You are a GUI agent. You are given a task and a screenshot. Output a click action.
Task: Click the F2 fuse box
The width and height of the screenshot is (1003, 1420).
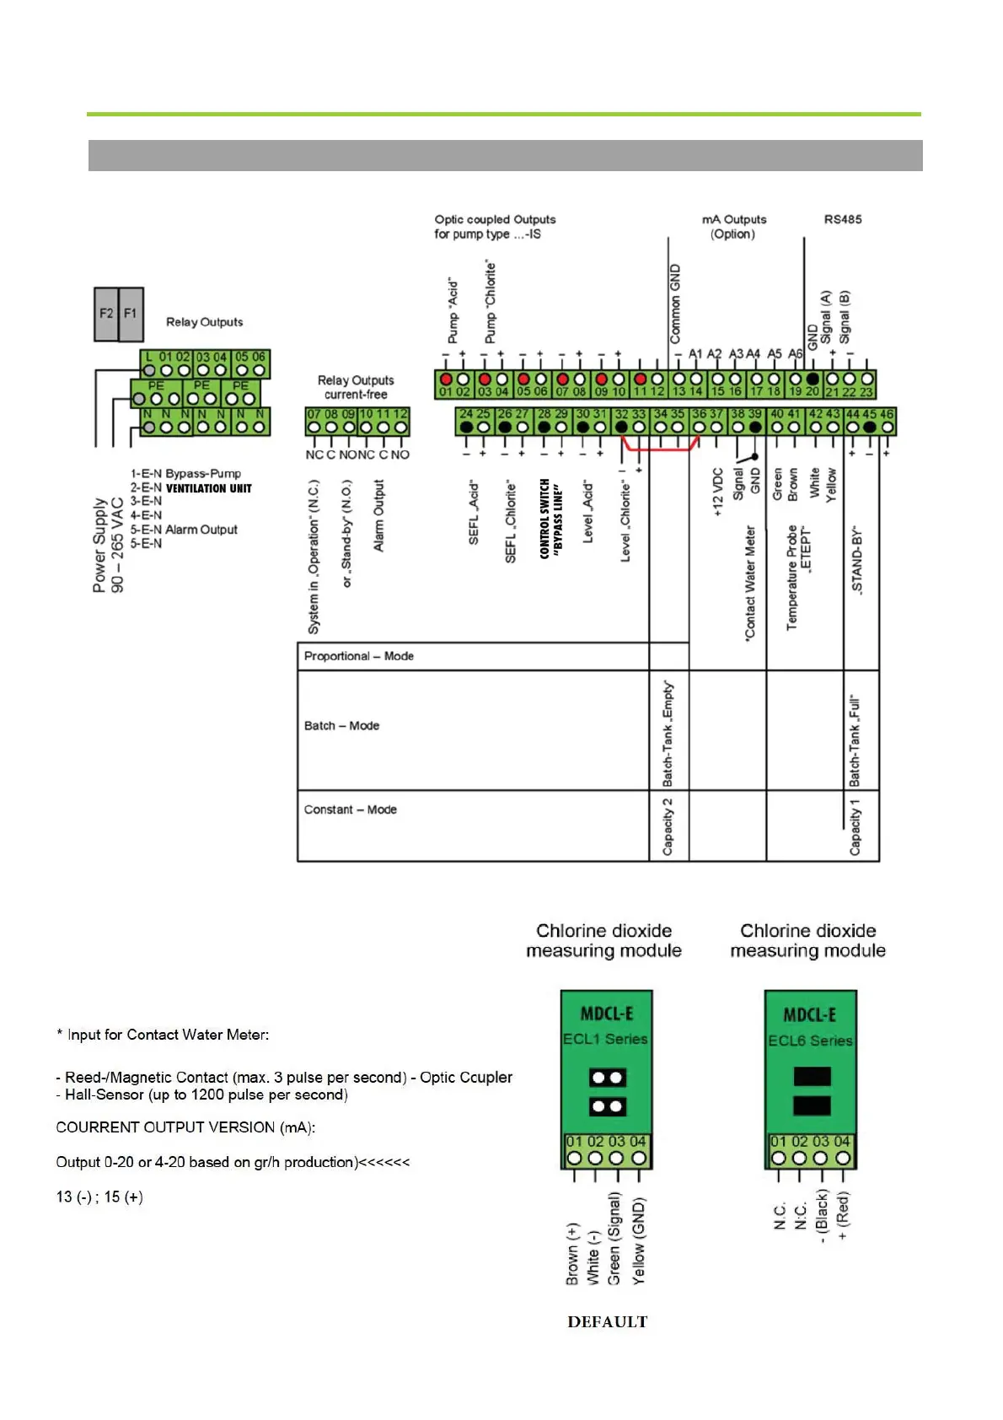106,314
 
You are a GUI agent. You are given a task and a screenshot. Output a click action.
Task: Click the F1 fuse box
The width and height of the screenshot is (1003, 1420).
131,314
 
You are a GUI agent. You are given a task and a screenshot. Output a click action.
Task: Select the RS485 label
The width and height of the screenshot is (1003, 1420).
842,219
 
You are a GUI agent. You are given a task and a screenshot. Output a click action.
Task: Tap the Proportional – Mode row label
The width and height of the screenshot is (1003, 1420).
358,656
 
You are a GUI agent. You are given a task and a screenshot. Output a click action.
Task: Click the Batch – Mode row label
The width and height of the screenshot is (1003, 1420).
341,725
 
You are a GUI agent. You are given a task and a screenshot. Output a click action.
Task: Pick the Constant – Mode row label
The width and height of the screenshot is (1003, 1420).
350,810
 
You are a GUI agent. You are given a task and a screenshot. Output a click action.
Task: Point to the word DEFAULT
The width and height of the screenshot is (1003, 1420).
607,1321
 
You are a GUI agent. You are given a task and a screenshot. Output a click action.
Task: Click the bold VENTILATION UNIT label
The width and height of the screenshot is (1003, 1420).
208,488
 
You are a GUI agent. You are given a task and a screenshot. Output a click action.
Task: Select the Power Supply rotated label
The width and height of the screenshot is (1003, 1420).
99,545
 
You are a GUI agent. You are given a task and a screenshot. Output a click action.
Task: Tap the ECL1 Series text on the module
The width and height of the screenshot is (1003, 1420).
605,1039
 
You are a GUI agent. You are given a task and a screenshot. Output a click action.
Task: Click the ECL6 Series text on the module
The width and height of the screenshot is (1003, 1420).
809,1041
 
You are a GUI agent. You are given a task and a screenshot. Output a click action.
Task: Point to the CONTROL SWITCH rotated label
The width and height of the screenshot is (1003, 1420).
544,519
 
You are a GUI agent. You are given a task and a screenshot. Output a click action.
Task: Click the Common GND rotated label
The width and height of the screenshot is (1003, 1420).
675,304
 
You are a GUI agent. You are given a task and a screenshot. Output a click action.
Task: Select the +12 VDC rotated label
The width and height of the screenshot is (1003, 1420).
718,492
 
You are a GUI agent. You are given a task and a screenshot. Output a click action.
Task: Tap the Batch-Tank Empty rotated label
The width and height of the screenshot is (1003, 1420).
668,732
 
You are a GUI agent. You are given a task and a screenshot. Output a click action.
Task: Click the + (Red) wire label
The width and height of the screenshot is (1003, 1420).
843,1214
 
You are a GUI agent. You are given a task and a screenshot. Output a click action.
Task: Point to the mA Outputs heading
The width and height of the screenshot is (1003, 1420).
733,219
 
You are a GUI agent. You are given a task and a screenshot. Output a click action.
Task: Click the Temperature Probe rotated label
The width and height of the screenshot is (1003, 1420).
792,578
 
